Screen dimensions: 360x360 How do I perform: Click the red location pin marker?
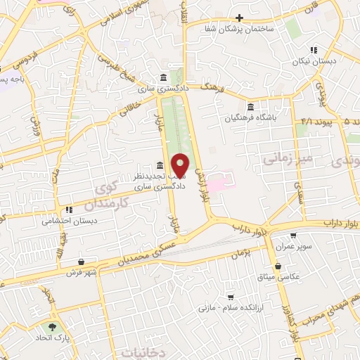[180, 166]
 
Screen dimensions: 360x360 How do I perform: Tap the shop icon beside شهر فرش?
[82, 261]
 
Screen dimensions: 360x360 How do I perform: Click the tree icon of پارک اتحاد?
[51, 327]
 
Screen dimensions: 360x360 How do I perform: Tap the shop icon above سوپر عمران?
[293, 236]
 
